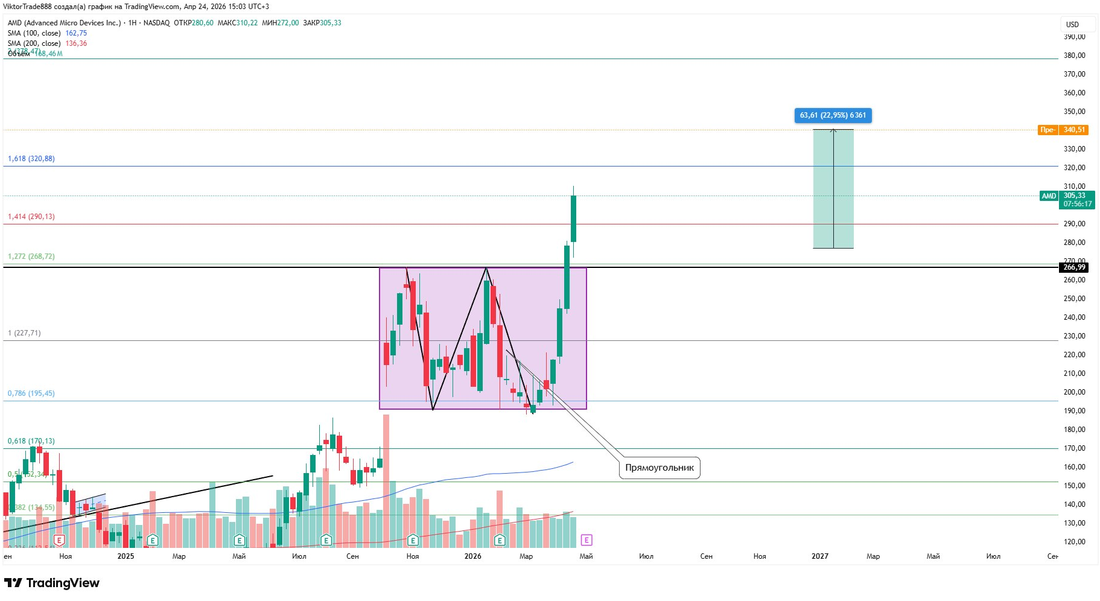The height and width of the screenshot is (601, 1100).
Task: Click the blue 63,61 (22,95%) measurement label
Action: pos(833,115)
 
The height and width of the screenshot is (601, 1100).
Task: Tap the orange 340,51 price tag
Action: pos(1073,130)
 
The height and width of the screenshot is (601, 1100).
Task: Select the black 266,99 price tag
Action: pos(1073,267)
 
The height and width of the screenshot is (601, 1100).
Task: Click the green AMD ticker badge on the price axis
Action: pos(1049,196)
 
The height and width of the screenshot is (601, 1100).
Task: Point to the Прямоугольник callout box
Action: pos(659,468)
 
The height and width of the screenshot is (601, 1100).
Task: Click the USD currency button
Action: pos(1072,25)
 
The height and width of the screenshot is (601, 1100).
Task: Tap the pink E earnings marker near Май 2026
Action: pos(586,540)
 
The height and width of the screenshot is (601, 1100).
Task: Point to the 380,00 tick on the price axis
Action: pos(1074,56)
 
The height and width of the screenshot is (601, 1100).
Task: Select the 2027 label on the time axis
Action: pos(819,556)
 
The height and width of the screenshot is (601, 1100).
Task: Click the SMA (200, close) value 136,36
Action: pos(76,43)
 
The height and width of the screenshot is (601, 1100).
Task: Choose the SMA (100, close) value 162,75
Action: pos(76,33)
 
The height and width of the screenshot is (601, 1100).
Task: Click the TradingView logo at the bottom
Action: pos(52,583)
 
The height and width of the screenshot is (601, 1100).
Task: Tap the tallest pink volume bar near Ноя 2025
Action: pos(386,480)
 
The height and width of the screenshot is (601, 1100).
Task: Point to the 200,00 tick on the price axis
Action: pos(1074,392)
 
